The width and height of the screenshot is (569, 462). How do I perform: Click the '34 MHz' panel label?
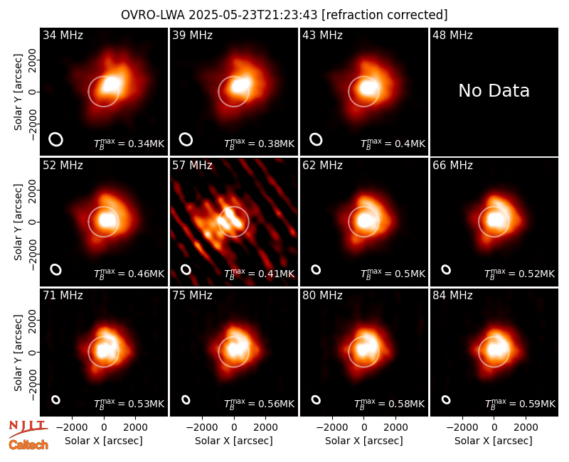click(x=63, y=35)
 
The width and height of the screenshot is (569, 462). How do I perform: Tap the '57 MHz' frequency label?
click(x=192, y=166)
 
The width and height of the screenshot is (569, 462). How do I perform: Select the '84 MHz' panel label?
click(x=452, y=296)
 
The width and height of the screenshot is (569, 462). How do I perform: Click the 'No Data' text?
click(x=494, y=91)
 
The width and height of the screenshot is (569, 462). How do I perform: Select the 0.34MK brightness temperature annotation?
click(x=129, y=144)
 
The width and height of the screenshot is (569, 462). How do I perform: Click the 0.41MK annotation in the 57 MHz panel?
click(x=259, y=274)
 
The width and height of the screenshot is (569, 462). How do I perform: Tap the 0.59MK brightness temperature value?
click(x=520, y=404)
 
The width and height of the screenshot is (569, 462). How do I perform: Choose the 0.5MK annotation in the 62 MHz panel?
click(x=393, y=274)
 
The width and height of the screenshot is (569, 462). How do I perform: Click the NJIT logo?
click(x=28, y=428)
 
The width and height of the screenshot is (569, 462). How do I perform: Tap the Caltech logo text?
click(x=28, y=445)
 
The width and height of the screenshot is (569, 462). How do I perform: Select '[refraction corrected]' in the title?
click(x=385, y=15)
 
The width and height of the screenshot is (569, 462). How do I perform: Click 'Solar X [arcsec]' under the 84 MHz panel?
click(x=494, y=441)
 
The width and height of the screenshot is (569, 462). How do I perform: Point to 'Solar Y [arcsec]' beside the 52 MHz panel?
click(x=18, y=222)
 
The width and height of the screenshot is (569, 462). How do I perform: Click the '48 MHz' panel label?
click(x=452, y=35)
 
